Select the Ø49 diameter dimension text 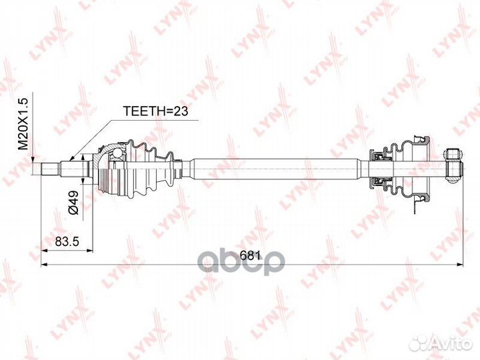[x=74, y=201]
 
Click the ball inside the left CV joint [x=119, y=155]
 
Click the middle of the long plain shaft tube [x=280, y=167]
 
